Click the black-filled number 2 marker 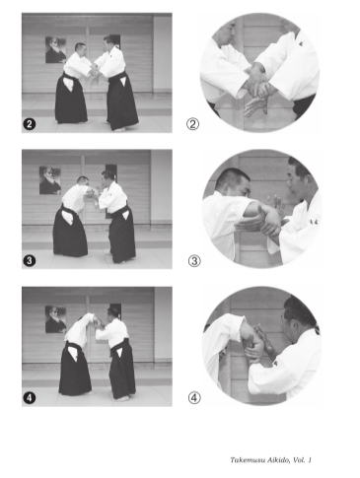coord(30,124)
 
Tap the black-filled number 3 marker coord(30,260)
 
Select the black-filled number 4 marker coord(30,398)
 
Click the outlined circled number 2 coord(193,124)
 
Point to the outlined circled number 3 coord(194,261)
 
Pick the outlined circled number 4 coord(194,398)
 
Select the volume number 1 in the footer coord(310,460)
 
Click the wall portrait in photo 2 coord(55,49)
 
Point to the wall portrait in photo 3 coord(50,180)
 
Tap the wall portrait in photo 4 coord(55,319)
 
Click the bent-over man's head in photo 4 coord(82,318)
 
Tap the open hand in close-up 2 coord(255,106)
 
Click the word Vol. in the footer coord(299,460)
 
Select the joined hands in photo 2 coord(95,71)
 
